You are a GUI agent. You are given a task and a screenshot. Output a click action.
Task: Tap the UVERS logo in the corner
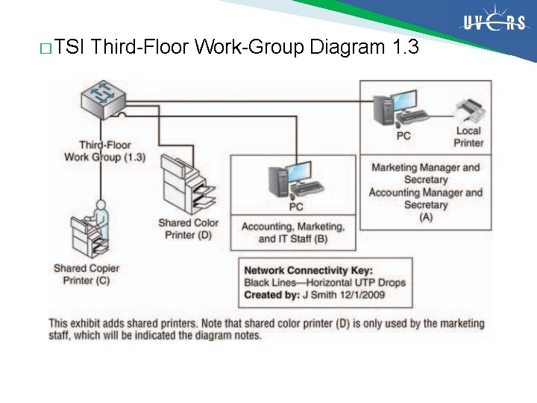click(494, 22)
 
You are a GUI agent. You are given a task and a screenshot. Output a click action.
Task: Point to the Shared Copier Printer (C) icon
click(87, 237)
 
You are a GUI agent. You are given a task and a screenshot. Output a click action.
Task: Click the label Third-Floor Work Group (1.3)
click(104, 151)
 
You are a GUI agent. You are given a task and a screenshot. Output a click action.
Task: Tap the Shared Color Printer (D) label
click(188, 229)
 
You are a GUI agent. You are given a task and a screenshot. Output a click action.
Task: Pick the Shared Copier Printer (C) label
click(87, 274)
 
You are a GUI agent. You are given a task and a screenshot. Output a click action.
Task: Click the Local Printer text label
click(468, 137)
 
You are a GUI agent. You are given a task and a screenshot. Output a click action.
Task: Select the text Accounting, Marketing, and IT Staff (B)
click(292, 232)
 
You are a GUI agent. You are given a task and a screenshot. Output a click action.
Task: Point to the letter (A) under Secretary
click(426, 216)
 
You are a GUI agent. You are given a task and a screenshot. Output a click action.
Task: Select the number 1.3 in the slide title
click(405, 49)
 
